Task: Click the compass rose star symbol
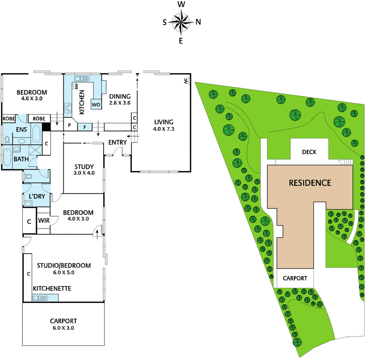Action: pyautogui.click(x=181, y=22)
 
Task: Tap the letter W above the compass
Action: pyautogui.click(x=181, y=5)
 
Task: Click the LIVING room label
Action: pyautogui.click(x=163, y=122)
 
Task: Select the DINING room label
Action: pyautogui.click(x=120, y=96)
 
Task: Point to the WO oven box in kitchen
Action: pyautogui.click(x=96, y=105)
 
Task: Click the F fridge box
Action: pyautogui.click(x=85, y=127)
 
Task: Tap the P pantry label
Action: pyautogui.click(x=70, y=125)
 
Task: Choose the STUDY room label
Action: pyautogui.click(x=83, y=166)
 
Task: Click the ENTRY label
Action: pyautogui.click(x=117, y=143)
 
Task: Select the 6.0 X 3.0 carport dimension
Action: pyautogui.click(x=63, y=328)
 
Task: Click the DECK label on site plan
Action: pyautogui.click(x=309, y=152)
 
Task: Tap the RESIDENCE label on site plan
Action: pyautogui.click(x=309, y=183)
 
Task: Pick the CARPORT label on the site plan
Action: pyautogui.click(x=295, y=278)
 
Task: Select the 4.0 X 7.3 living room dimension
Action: pyautogui.click(x=163, y=129)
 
